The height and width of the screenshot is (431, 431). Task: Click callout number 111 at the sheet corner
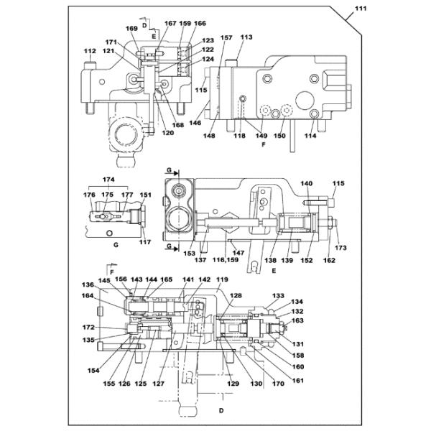(x=361, y=9)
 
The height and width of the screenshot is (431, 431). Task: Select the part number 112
(x=90, y=51)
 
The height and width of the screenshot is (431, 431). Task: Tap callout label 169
(x=131, y=29)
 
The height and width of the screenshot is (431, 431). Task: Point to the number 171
(x=111, y=42)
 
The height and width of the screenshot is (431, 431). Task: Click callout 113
(x=246, y=37)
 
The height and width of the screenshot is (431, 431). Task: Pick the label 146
(x=195, y=123)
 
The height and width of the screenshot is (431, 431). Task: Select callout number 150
(x=279, y=136)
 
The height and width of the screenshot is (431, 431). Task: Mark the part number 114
(x=310, y=136)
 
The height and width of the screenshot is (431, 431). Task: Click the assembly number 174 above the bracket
(x=108, y=180)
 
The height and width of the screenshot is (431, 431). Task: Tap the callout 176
(x=89, y=195)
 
